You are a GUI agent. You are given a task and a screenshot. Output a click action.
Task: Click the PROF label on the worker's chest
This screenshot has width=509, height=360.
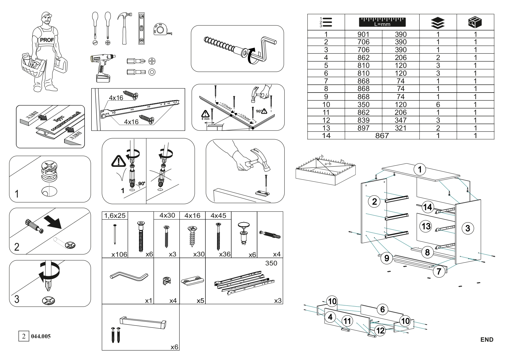click(x=47, y=40)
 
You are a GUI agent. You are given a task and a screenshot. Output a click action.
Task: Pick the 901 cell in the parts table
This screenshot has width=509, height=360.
click(x=363, y=34)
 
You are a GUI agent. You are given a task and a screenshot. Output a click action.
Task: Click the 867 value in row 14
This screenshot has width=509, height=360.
click(x=382, y=135)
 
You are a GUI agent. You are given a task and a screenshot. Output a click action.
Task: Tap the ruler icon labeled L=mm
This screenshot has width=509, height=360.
click(x=382, y=22)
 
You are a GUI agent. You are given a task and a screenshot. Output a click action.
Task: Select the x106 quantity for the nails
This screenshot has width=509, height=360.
click(x=119, y=254)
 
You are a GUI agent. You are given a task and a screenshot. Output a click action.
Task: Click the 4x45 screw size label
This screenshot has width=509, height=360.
click(x=218, y=216)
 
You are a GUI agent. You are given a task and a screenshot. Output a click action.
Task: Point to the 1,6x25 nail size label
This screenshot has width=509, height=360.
click(x=115, y=216)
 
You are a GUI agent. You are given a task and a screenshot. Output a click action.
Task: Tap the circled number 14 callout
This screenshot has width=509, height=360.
click(x=427, y=207)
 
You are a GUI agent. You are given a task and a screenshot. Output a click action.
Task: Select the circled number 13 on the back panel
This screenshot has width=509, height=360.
click(x=426, y=226)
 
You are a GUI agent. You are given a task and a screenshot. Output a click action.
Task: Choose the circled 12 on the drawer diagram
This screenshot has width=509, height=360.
click(x=380, y=330)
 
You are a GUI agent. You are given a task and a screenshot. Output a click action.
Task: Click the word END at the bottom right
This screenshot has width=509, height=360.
click(x=487, y=340)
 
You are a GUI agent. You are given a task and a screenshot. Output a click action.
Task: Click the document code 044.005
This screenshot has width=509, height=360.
click(x=41, y=337)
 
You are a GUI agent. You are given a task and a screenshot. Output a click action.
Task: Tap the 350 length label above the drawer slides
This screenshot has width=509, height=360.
click(x=271, y=263)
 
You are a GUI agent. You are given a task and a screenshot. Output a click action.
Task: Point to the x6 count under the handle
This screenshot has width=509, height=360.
click(x=174, y=347)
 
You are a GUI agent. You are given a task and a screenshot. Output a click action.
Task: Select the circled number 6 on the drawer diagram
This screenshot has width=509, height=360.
click(x=382, y=310)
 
